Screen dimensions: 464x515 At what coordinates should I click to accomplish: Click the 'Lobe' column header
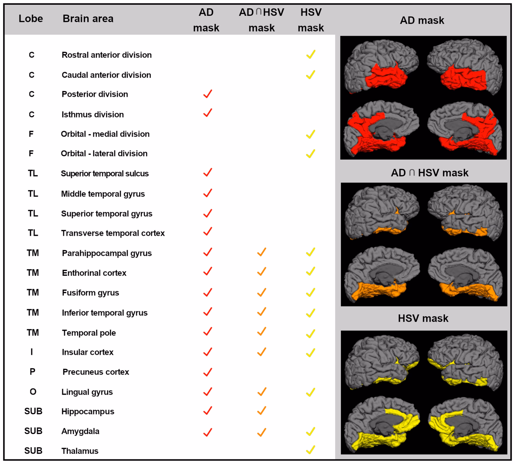click(31, 18)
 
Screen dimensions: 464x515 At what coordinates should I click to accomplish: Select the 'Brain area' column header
click(88, 18)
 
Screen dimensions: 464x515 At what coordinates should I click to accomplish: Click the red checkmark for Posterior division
click(208, 94)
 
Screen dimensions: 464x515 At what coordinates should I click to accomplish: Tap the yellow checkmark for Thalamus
click(311, 450)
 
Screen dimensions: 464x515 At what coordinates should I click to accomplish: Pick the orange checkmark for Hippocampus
click(262, 411)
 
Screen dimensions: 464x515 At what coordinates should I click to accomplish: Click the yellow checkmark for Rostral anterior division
click(311, 54)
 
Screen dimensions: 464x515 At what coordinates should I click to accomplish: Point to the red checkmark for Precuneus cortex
click(208, 372)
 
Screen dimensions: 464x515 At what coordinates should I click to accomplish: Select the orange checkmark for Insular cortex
click(262, 352)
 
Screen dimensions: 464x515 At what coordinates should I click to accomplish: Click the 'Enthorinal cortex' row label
click(94, 273)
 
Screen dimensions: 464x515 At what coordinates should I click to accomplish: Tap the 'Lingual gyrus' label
click(87, 392)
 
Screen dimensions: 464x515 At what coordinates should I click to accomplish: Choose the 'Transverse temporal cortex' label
click(113, 233)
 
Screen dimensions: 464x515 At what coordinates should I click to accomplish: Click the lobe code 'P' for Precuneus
click(32, 372)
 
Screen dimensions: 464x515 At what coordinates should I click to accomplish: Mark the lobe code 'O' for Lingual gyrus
click(33, 392)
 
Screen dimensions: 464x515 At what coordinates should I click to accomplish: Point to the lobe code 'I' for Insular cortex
click(32, 352)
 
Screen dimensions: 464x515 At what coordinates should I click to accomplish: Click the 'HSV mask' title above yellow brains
click(423, 318)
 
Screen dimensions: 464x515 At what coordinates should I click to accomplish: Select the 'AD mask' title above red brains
click(422, 20)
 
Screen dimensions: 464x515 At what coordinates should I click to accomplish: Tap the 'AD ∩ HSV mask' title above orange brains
click(429, 173)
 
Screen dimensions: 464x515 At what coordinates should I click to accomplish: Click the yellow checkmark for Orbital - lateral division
click(311, 154)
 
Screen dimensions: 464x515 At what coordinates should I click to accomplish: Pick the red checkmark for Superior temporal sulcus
click(208, 173)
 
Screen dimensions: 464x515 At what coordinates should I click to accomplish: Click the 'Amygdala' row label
click(80, 431)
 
